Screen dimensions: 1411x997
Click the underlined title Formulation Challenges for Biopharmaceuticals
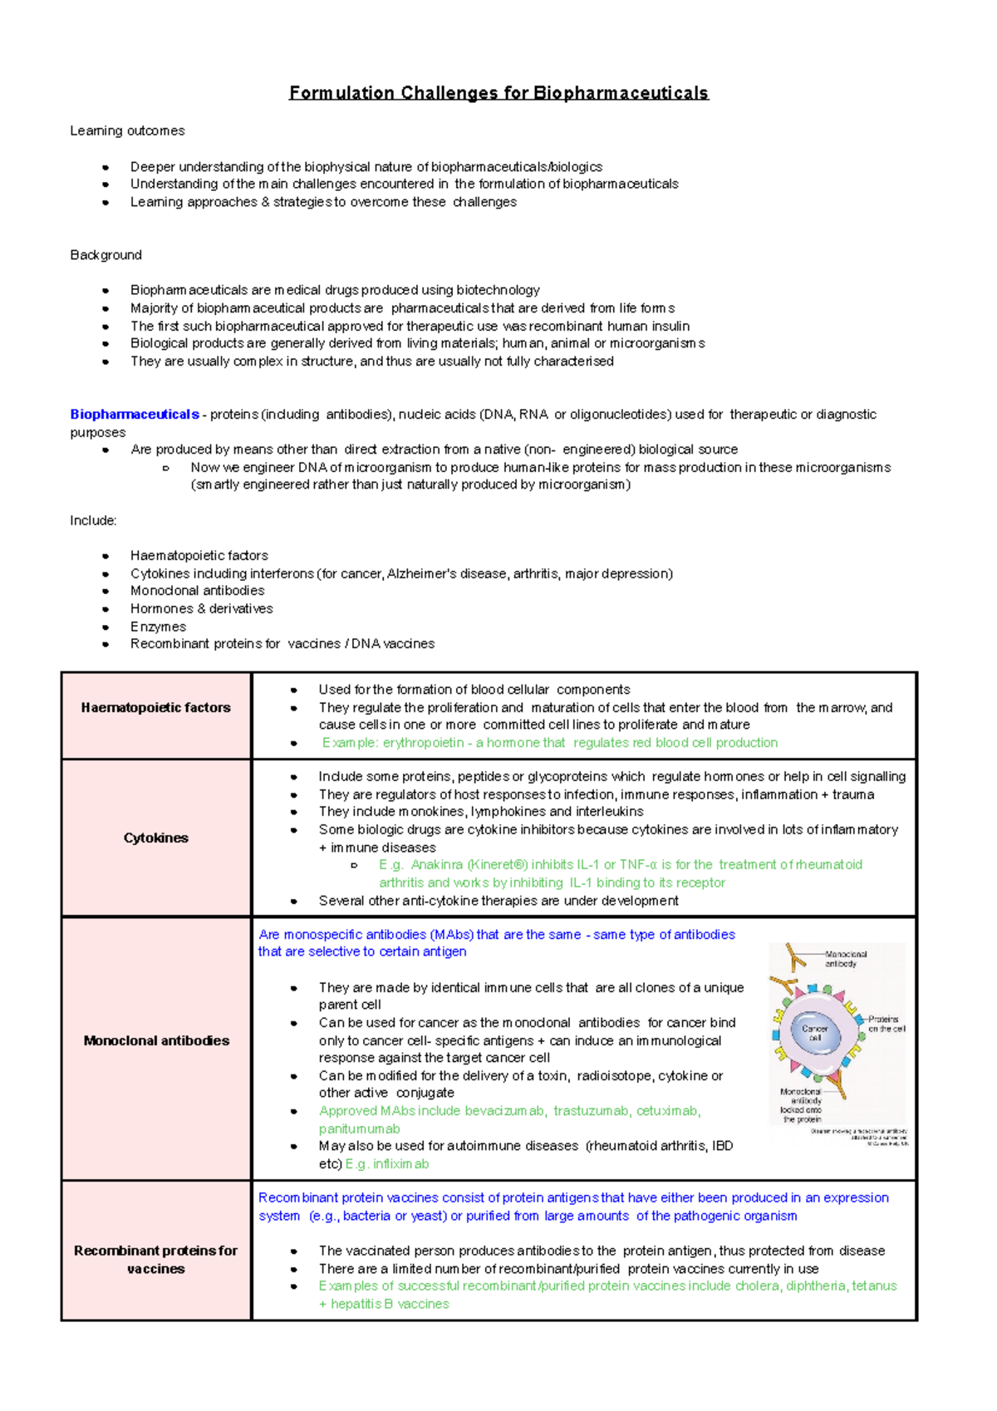[498, 92]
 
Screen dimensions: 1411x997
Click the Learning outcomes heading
[127, 130]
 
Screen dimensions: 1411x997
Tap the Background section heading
[106, 255]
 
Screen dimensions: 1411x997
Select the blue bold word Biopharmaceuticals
[134, 414]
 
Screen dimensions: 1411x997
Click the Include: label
[93, 520]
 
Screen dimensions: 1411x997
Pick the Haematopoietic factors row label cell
[156, 708]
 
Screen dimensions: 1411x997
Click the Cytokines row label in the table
[156, 838]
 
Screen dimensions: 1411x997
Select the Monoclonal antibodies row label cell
[156, 1040]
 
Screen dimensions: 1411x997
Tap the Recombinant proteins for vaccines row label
[156, 1259]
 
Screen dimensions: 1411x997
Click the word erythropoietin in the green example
[423, 743]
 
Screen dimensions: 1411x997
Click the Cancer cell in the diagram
[814, 1033]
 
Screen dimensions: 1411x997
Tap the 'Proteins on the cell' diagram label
[886, 1024]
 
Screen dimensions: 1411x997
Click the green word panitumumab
[359, 1129]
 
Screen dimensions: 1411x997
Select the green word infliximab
[400, 1164]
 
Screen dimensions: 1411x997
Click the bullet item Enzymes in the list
[158, 627]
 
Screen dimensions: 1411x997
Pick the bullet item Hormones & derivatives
[201, 608]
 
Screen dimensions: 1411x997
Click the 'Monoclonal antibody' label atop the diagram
[845, 959]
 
